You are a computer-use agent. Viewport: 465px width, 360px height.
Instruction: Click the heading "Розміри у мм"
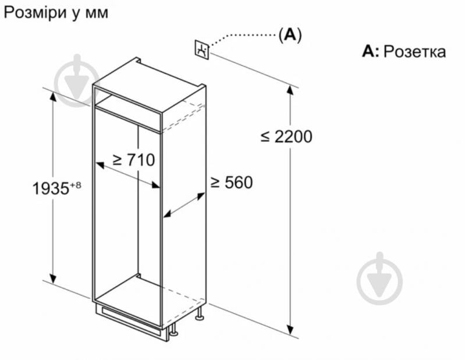point(56,13)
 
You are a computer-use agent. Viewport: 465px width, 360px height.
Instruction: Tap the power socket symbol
point(201,49)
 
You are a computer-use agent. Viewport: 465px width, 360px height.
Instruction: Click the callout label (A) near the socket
point(290,34)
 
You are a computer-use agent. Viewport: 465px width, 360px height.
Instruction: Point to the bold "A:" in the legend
point(370,52)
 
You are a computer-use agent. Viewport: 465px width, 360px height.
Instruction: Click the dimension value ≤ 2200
point(286,137)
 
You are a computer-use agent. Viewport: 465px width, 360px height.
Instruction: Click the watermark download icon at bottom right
point(379,280)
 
